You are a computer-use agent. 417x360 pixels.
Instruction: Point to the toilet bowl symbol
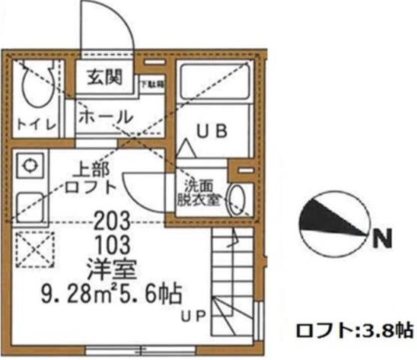33,86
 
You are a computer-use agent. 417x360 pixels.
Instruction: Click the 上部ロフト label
91,178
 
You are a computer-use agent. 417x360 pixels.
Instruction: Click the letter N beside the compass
382,240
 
